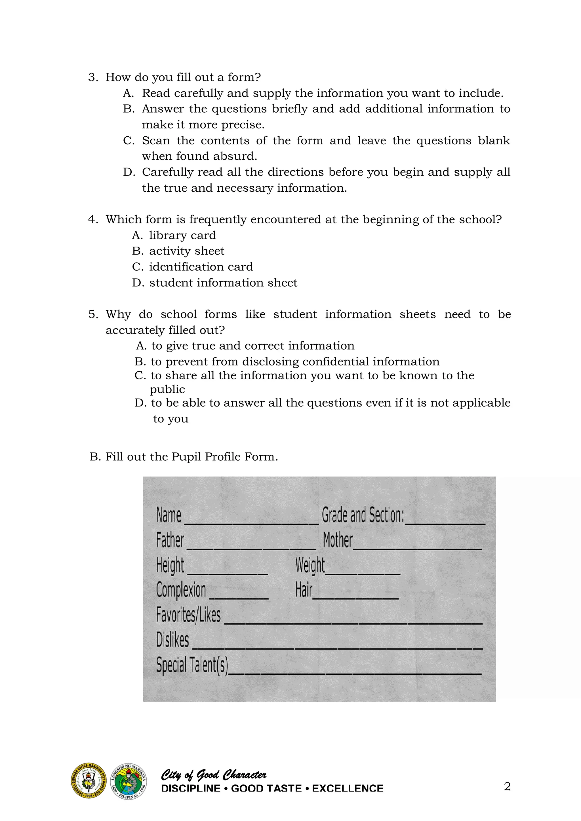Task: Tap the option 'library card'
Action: [182, 235]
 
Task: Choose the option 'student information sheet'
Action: [223, 283]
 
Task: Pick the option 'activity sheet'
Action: [186, 251]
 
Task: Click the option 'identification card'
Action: [201, 267]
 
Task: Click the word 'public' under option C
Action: [167, 390]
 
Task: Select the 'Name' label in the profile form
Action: [169, 515]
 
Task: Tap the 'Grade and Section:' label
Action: [362, 515]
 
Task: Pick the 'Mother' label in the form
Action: [337, 540]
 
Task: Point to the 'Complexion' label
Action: [181, 590]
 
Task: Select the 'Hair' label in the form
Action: [303, 590]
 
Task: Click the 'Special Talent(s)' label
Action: [192, 665]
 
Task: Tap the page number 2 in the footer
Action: [507, 786]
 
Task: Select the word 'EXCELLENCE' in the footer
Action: [348, 788]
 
